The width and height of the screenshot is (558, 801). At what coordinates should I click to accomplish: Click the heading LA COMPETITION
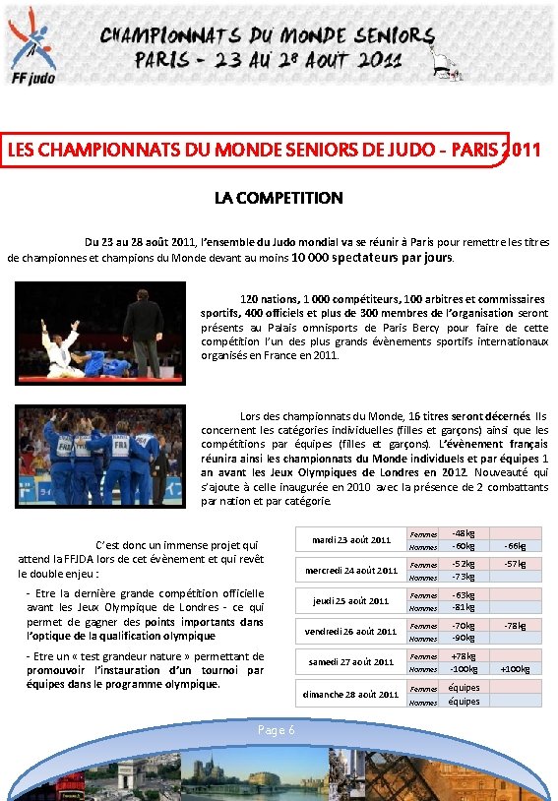pyautogui.click(x=279, y=198)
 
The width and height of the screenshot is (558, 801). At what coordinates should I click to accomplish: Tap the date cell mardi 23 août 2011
pyautogui.click(x=351, y=539)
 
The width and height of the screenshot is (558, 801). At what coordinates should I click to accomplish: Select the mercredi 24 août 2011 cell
pyautogui.click(x=351, y=570)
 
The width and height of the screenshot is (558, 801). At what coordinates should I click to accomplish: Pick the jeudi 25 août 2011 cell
pyautogui.click(x=351, y=600)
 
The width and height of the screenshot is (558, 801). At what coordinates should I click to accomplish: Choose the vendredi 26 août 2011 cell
pyautogui.click(x=351, y=631)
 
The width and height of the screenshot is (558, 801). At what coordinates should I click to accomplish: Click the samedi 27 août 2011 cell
pyautogui.click(x=351, y=662)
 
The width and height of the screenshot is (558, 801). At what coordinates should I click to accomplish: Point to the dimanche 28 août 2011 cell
pyautogui.click(x=351, y=694)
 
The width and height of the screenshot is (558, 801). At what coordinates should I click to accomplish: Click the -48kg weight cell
pyautogui.click(x=463, y=532)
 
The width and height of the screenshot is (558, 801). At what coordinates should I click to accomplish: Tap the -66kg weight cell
pyautogui.click(x=515, y=546)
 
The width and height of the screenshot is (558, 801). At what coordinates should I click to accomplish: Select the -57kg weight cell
pyautogui.click(x=515, y=564)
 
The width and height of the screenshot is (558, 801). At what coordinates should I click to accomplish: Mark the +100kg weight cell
pyautogui.click(x=515, y=669)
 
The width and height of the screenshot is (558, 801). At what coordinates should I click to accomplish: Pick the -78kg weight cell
pyautogui.click(x=515, y=625)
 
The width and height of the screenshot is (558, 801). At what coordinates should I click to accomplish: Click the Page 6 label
pyautogui.click(x=276, y=730)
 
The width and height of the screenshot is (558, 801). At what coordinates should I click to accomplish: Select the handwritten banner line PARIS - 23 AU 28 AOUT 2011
pyautogui.click(x=268, y=59)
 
